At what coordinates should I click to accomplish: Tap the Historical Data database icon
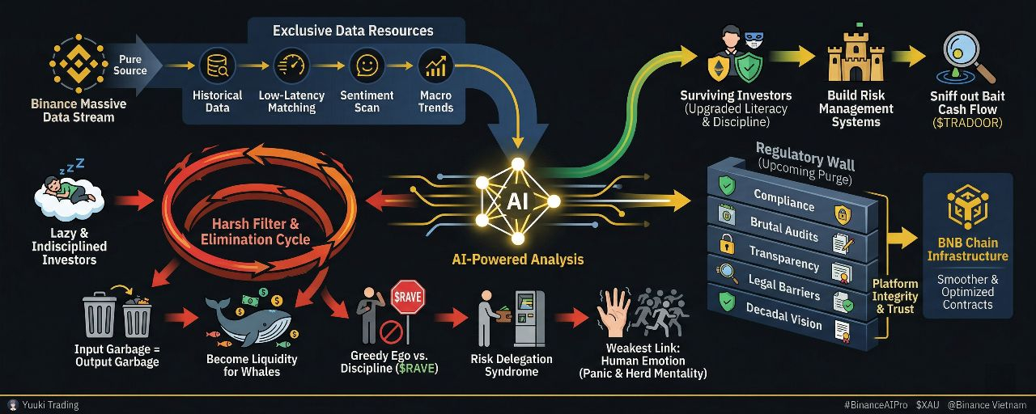coord(218,65)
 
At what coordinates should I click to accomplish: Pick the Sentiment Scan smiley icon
coord(367,65)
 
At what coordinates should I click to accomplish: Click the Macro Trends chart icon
coord(435,65)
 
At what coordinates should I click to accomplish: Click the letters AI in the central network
coord(516,199)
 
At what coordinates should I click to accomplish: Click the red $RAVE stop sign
coord(409,297)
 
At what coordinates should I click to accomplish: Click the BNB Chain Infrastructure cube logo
coord(967,207)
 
